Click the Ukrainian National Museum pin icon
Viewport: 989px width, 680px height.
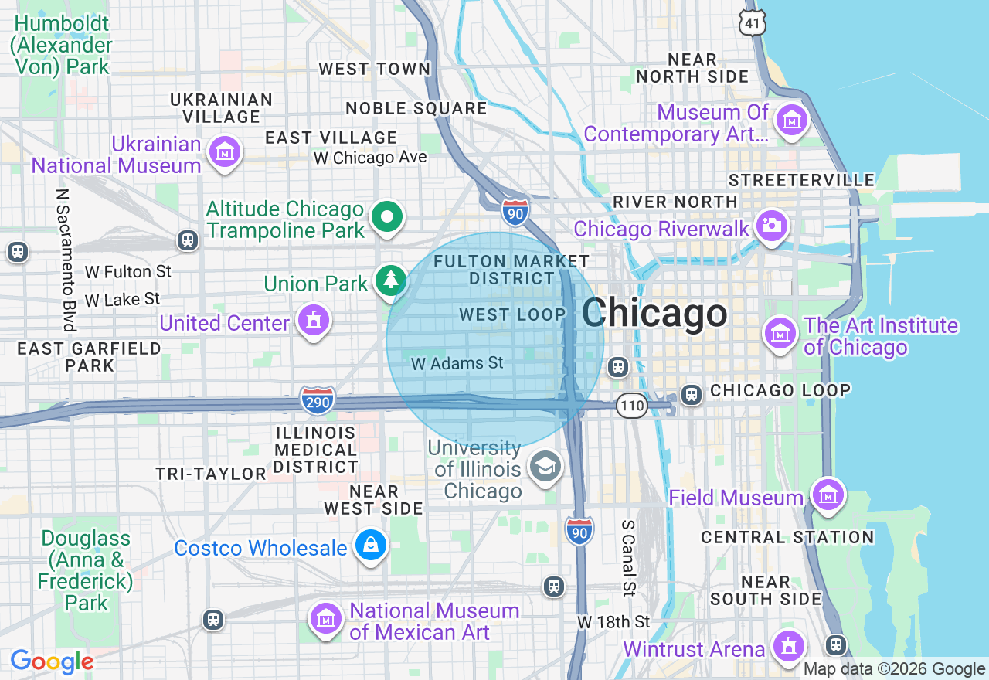(225, 151)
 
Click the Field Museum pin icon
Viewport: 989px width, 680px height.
(827, 494)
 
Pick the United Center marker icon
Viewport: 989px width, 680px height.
(314, 320)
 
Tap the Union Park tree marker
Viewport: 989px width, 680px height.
(391, 280)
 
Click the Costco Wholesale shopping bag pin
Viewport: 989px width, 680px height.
(371, 546)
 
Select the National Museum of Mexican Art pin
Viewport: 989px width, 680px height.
(326, 618)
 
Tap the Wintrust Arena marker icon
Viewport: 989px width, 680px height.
(789, 645)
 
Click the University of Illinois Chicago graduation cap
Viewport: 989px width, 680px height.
(545, 466)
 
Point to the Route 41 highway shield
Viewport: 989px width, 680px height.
(753, 22)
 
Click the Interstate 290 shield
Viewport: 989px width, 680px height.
(318, 399)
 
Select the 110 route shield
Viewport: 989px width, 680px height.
(631, 405)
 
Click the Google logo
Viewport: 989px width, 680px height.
(52, 662)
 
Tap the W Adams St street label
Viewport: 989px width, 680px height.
(457, 363)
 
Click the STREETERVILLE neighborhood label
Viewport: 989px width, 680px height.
(802, 181)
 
